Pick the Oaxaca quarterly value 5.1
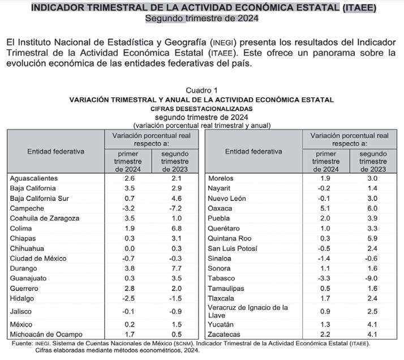325,208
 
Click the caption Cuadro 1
201,91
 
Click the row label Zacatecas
225,334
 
